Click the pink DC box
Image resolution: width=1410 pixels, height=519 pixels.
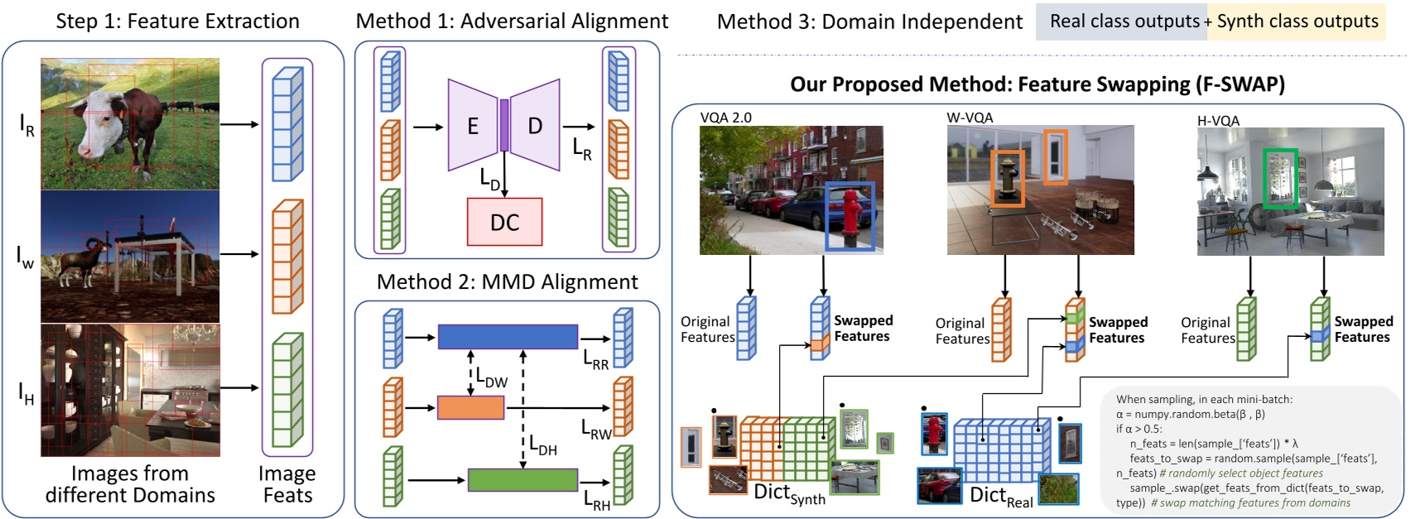pos(504,222)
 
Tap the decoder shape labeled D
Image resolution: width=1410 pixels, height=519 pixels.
pos(535,126)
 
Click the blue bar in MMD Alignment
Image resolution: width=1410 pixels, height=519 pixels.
pos(508,336)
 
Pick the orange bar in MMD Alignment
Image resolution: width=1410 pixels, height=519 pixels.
pos(470,407)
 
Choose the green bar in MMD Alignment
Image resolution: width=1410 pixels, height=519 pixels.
pos(522,479)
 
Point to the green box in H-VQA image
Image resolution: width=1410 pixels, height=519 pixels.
pos(1279,178)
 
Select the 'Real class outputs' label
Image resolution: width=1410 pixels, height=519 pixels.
pos(1124,22)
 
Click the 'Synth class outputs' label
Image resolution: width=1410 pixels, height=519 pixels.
pos(1297,22)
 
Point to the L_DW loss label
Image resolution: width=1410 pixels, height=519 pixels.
pos(491,377)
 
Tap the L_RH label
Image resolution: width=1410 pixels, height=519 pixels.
pos(596,501)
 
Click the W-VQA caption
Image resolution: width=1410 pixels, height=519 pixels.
pos(970,118)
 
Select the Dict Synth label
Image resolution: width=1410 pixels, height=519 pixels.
pos(788,493)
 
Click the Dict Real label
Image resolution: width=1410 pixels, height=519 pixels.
pos(1001,497)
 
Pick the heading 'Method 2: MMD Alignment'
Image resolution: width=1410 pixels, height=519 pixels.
pos(507,282)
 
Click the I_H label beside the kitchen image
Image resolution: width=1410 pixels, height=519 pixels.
pos(26,393)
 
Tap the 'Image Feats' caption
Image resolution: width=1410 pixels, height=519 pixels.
pos(286,484)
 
